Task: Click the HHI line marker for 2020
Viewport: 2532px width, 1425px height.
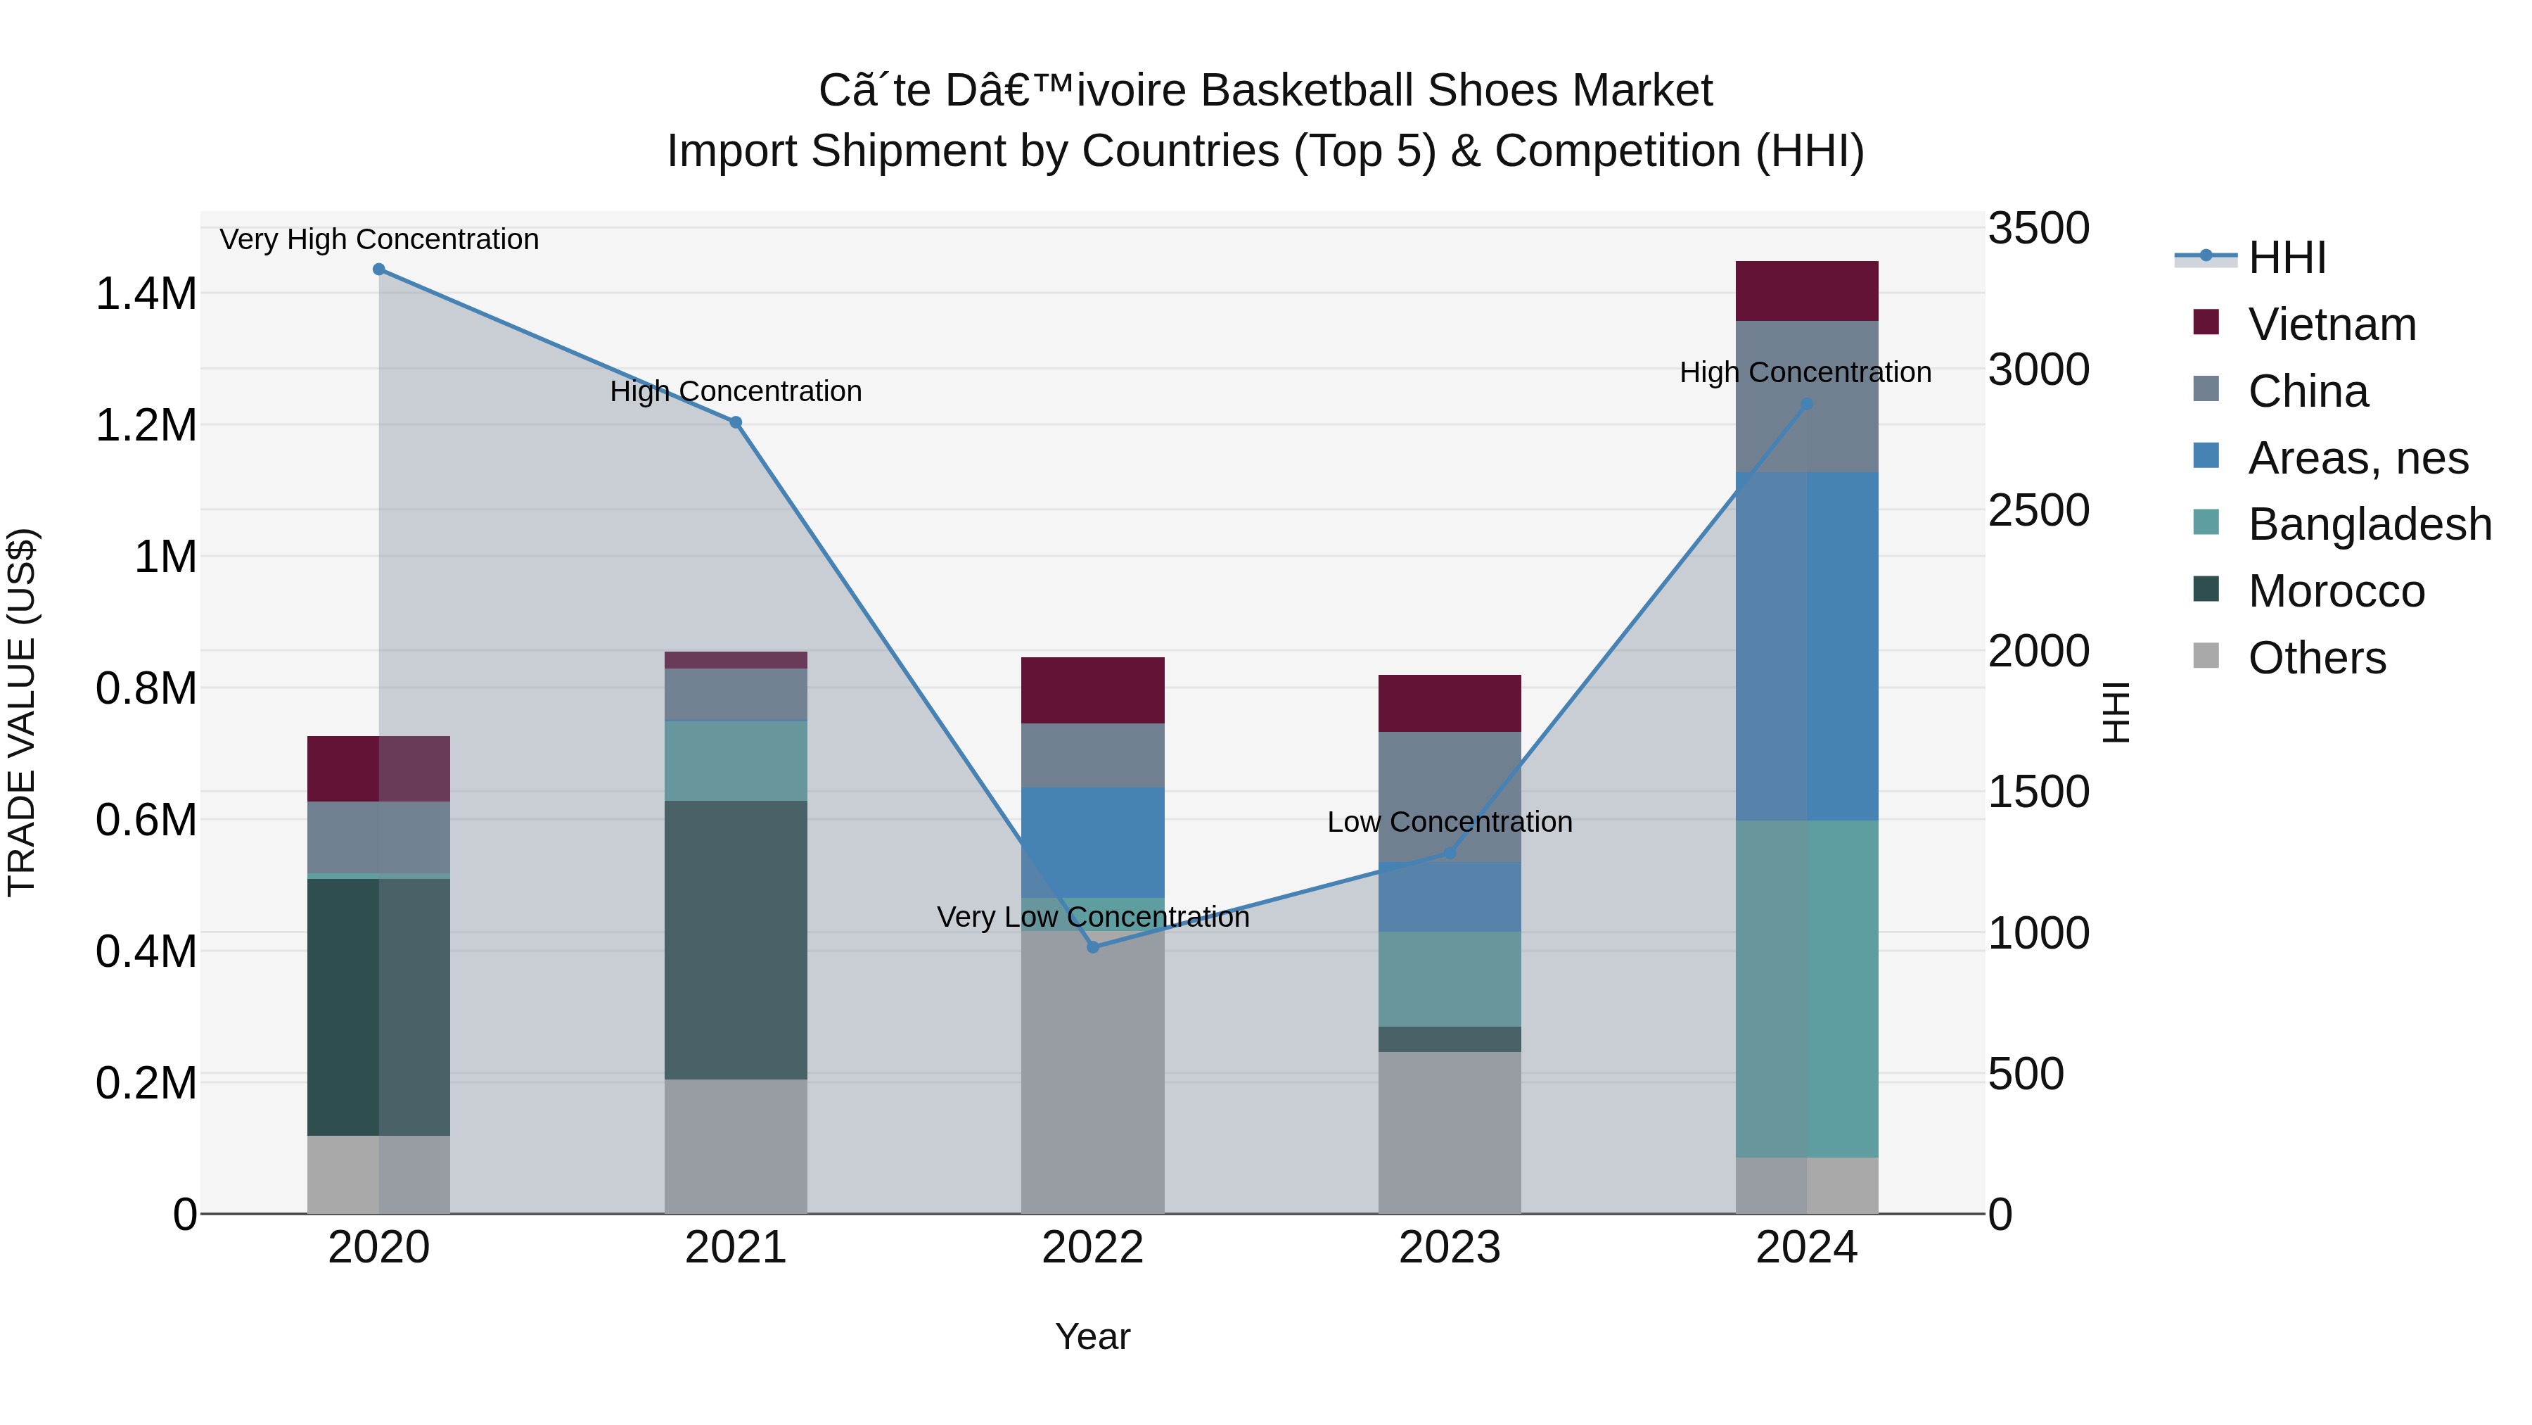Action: click(378, 270)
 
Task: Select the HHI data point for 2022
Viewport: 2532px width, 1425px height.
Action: click(1093, 947)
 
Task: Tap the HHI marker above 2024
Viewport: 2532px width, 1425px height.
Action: click(1807, 404)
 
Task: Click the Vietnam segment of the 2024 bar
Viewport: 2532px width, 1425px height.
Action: click(1807, 291)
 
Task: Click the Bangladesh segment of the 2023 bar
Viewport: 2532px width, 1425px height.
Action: click(1450, 979)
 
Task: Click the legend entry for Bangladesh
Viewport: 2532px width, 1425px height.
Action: click(2370, 524)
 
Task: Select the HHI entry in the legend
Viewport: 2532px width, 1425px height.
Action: click(2287, 258)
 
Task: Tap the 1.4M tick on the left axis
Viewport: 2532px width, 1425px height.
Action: click(146, 294)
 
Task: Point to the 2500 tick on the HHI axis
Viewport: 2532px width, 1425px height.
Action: click(2038, 510)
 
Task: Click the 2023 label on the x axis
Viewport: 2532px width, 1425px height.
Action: click(1450, 1248)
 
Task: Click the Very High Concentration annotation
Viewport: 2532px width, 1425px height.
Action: click(378, 239)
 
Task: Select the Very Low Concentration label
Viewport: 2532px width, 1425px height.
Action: click(1093, 916)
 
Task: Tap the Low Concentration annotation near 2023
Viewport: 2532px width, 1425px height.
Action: click(1450, 822)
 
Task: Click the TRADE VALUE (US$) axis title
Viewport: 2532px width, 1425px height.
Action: click(22, 712)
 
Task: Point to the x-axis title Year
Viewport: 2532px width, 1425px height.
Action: click(1093, 1336)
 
